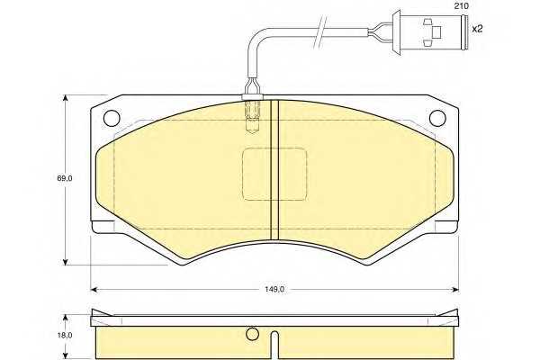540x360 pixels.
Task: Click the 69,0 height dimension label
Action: (x=65, y=178)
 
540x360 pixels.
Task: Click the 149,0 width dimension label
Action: (x=274, y=290)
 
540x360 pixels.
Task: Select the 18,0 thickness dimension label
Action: (x=65, y=335)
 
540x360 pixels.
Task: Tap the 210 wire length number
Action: (x=461, y=6)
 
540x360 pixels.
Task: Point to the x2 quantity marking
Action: (x=477, y=29)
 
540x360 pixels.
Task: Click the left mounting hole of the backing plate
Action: (x=112, y=118)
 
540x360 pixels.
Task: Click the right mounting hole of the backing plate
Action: (x=437, y=118)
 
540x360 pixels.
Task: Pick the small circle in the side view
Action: (x=252, y=334)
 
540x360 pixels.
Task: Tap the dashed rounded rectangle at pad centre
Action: (x=274, y=174)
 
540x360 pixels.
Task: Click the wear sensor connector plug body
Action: (x=430, y=32)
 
